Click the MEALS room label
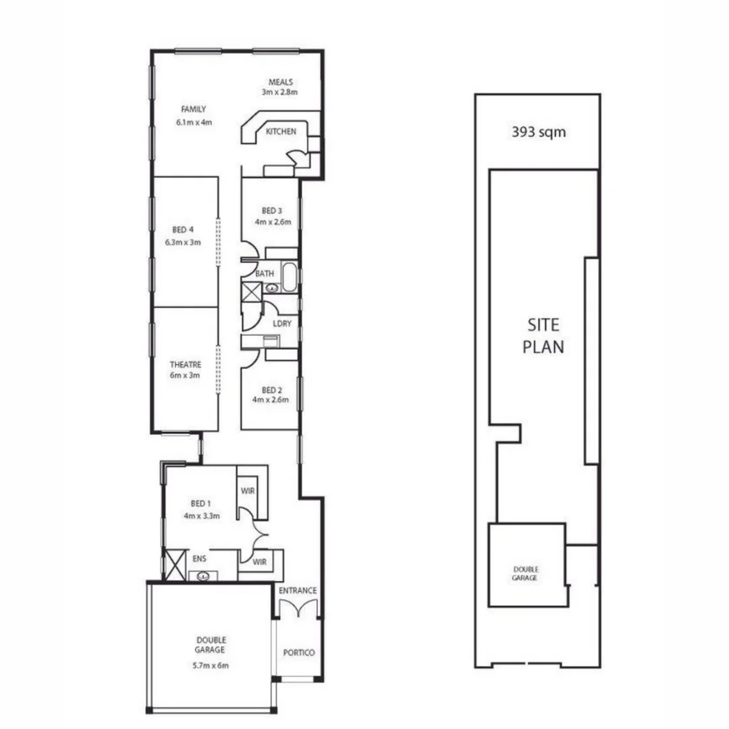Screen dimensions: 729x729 coord(280,82)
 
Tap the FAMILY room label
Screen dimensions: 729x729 coord(194,109)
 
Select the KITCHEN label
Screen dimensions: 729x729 coord(281,132)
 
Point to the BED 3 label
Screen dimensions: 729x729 coord(271,211)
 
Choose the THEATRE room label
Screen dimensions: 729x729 coord(185,364)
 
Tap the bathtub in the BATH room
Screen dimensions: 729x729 coord(289,278)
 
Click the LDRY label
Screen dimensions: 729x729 coord(282,324)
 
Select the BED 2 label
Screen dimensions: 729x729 coord(271,389)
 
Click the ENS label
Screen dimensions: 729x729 coord(198,559)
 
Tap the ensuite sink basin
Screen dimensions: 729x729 coord(201,576)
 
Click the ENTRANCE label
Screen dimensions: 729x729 coord(298,591)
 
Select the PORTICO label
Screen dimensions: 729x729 coord(298,653)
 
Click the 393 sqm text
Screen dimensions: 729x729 coord(539,132)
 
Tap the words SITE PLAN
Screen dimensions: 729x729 coord(544,336)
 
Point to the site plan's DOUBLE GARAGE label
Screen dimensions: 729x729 coord(525,574)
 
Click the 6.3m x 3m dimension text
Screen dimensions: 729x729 coord(183,242)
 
